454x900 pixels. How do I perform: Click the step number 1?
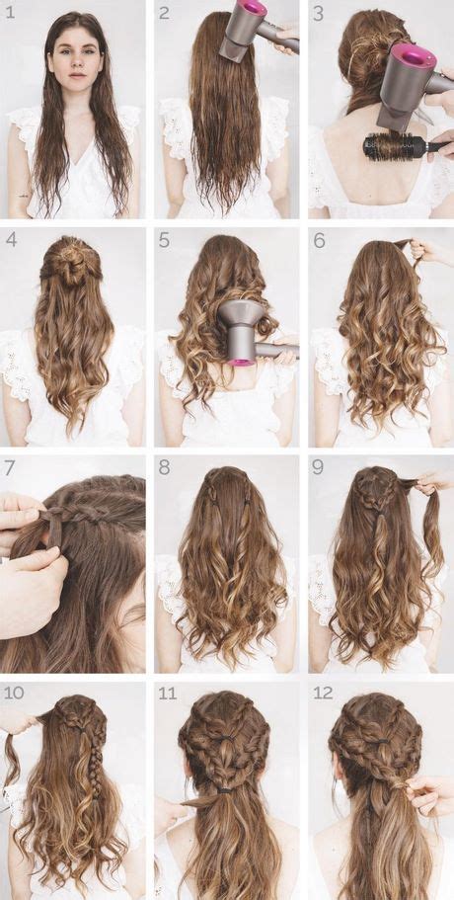[10, 12]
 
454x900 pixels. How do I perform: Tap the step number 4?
[11, 239]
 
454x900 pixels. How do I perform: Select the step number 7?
[10, 468]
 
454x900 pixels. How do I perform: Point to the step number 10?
[14, 693]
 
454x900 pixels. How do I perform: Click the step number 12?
[323, 693]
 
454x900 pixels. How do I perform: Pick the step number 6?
[320, 239]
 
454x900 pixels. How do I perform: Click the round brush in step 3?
[402, 146]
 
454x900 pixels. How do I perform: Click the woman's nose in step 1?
[77, 63]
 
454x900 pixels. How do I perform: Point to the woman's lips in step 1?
[77, 75]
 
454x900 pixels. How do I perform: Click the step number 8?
[165, 468]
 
